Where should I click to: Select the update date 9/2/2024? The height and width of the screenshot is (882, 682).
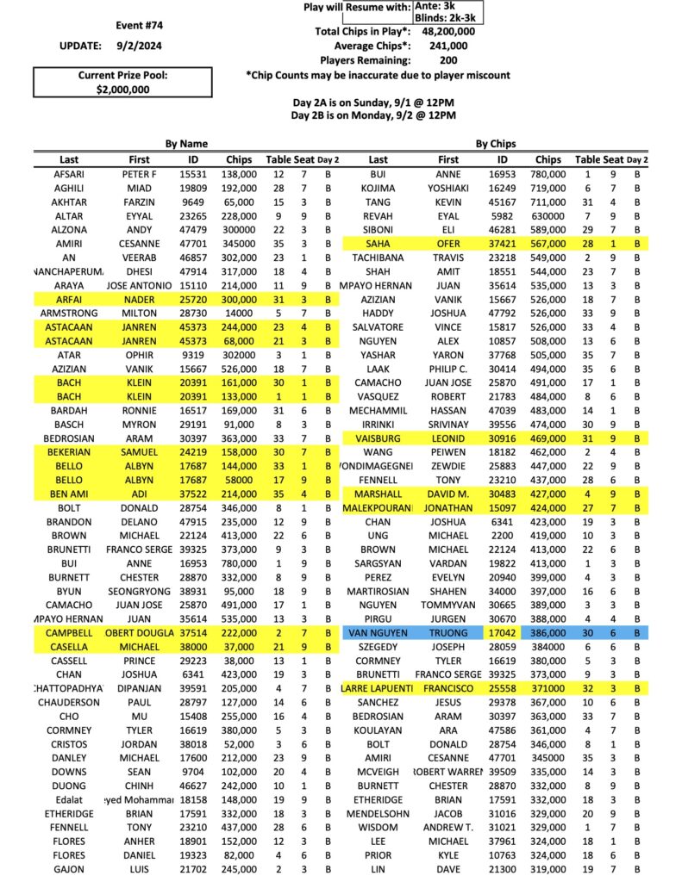pyautogui.click(x=139, y=44)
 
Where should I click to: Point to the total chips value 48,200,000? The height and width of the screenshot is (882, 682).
pyautogui.click(x=449, y=31)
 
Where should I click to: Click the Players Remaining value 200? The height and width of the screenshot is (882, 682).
pyautogui.click(x=448, y=60)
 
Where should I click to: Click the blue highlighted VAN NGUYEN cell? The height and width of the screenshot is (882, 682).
pyautogui.click(x=378, y=632)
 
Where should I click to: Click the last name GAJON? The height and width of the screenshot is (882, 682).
pyautogui.click(x=69, y=870)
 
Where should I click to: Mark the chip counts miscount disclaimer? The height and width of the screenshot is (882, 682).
pyautogui.click(x=378, y=75)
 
